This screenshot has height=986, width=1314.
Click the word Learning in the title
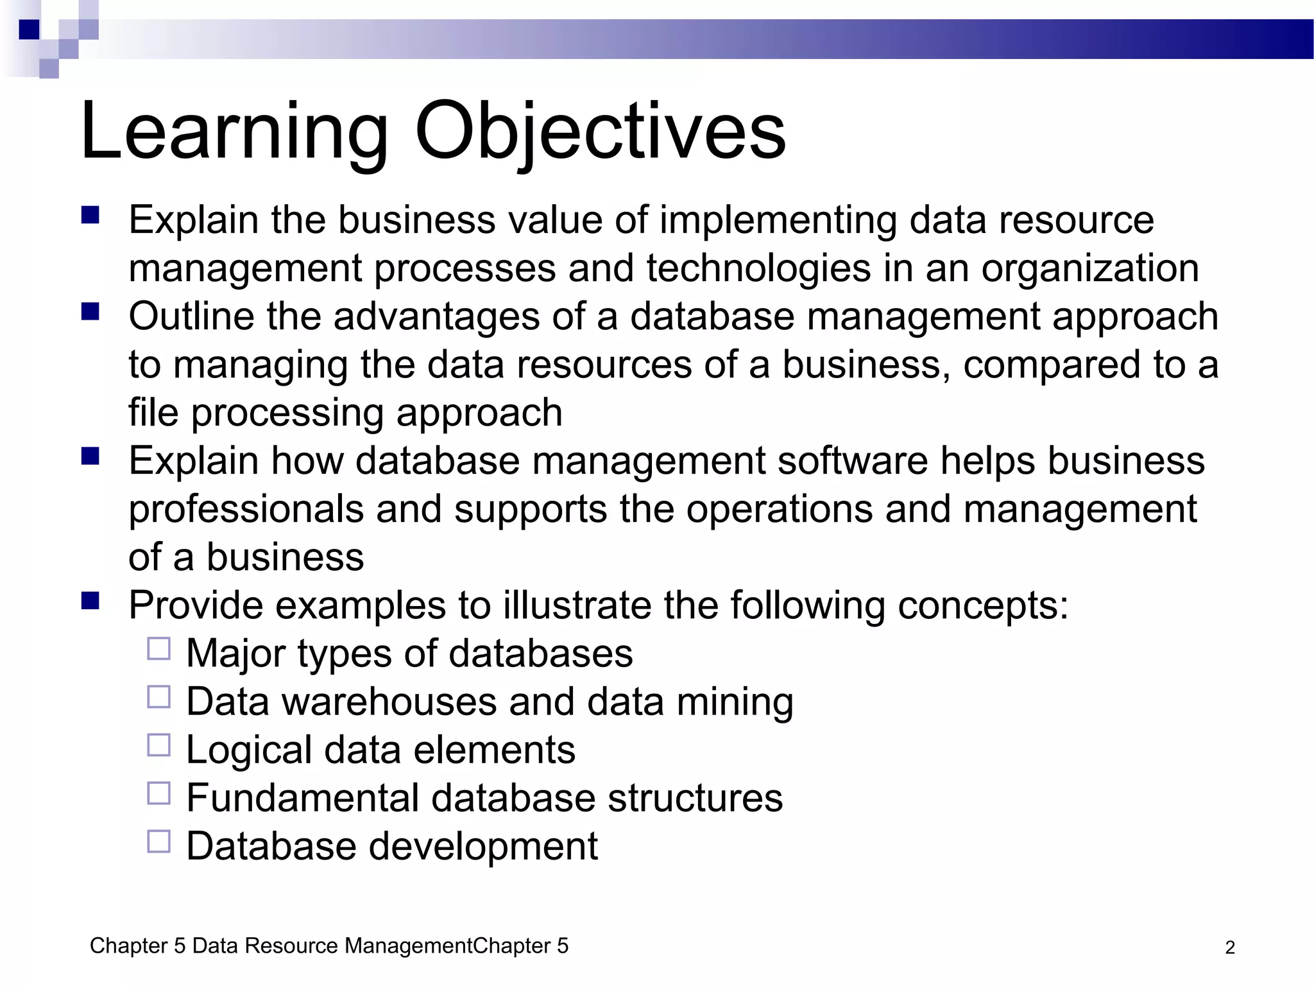pyautogui.click(x=234, y=132)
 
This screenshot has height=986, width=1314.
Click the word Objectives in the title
pyautogui.click(x=600, y=132)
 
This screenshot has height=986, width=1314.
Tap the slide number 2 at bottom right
pyautogui.click(x=1230, y=947)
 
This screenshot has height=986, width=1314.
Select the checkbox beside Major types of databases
pyautogui.click(x=158, y=649)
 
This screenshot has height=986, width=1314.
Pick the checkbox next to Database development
pyautogui.click(x=158, y=842)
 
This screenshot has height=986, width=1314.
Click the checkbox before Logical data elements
pyautogui.click(x=158, y=745)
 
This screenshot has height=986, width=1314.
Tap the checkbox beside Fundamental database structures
pyautogui.click(x=158, y=793)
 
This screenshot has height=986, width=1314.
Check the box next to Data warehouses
pyautogui.click(x=158, y=697)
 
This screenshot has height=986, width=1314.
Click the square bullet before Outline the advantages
pyautogui.click(x=90, y=312)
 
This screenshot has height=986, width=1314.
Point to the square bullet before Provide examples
pyautogui.click(x=90, y=601)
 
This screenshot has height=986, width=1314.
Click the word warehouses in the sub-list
pyautogui.click(x=389, y=702)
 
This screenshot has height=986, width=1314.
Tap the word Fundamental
pyautogui.click(x=302, y=798)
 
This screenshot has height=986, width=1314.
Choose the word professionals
pyautogui.click(x=246, y=509)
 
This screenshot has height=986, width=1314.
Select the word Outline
pyautogui.click(x=191, y=316)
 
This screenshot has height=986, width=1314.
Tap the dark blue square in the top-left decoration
pyautogui.click(x=29, y=30)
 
